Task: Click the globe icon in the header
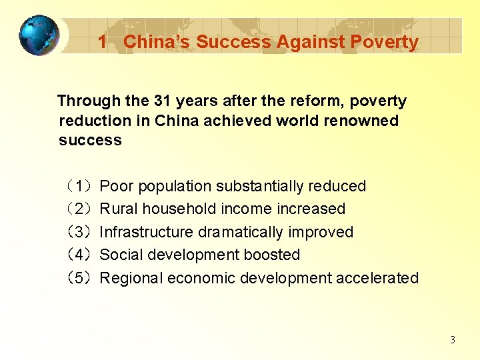click(39, 35)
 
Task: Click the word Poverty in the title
click(389, 42)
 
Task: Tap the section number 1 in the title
click(102, 42)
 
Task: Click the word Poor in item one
click(115, 186)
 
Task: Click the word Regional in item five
click(131, 278)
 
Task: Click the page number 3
click(453, 340)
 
